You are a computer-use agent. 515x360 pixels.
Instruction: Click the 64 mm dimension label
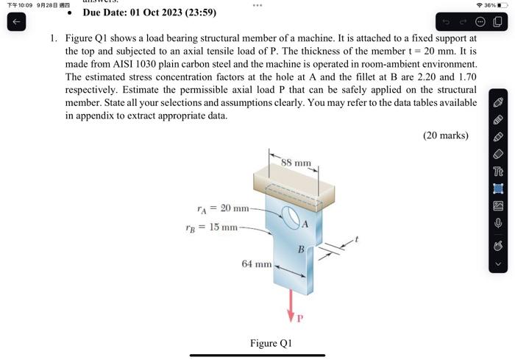pos(257,263)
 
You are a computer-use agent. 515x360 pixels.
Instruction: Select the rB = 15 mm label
pos(211,227)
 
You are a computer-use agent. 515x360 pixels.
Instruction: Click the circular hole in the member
pos(290,217)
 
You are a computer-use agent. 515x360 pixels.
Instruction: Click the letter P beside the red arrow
pos(300,320)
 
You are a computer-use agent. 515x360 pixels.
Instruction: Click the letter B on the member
pos(301,250)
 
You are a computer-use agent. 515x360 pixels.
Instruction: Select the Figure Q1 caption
pos(271,343)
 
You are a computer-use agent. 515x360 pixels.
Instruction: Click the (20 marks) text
pos(446,135)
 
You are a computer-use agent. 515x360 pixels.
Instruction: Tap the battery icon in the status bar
pos(503,5)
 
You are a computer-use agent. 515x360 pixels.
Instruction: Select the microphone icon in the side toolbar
pos(498,222)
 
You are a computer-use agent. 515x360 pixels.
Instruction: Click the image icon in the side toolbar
pos(498,205)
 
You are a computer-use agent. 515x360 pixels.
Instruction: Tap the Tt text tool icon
pos(498,171)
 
